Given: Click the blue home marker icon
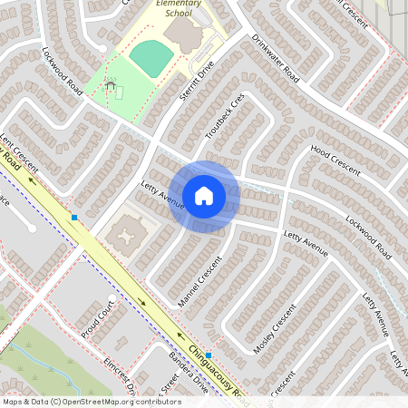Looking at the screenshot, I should (204, 196).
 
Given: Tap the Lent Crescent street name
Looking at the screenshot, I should (19, 153).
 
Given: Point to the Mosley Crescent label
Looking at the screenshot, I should (277, 330).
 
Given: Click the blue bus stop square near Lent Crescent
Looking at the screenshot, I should (74, 218).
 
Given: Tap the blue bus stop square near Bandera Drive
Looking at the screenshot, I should (209, 355).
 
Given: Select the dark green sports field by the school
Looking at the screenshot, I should (151, 59).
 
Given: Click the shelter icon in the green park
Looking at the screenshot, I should (111, 85).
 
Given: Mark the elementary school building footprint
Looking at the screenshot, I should (187, 35).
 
